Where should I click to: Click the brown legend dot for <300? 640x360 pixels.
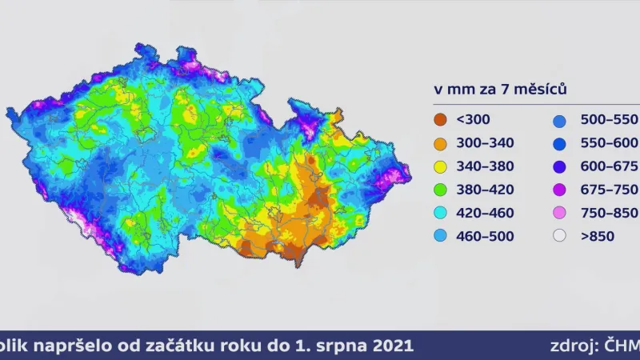point(441,120)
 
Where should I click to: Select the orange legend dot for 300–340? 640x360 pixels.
point(441,143)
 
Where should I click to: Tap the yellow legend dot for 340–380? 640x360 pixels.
point(441,166)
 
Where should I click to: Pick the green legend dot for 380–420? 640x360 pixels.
point(441,190)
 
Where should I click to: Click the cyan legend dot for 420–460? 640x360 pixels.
point(441,213)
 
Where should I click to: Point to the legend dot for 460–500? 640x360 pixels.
point(441,236)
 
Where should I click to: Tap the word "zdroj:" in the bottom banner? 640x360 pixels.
point(574,346)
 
